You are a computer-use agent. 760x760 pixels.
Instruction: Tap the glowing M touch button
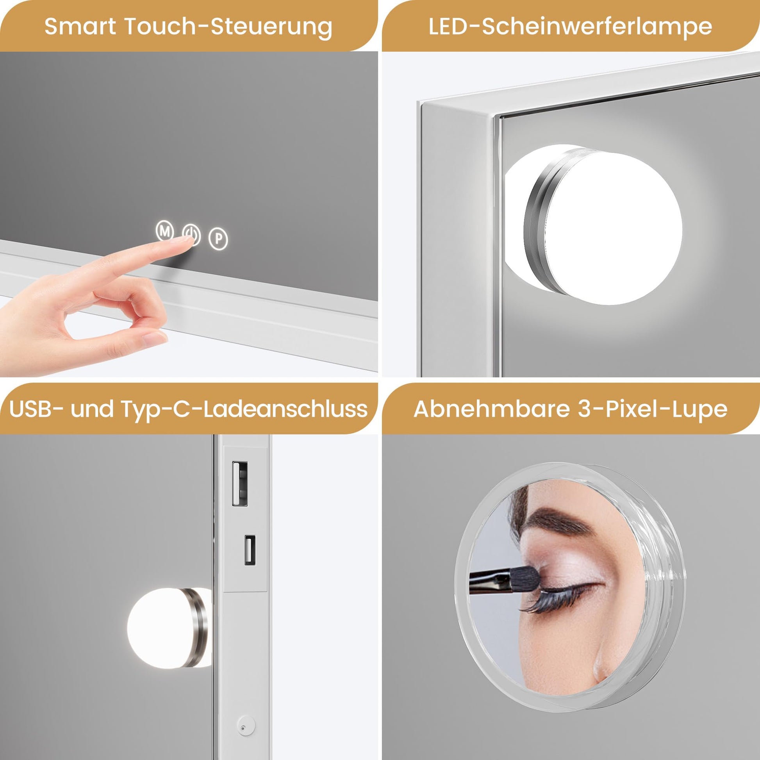[165, 231]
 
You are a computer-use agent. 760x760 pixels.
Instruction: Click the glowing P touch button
[218, 238]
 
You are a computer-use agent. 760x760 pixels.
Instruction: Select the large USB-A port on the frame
[239, 483]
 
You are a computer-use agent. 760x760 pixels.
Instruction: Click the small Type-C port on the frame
[250, 550]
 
